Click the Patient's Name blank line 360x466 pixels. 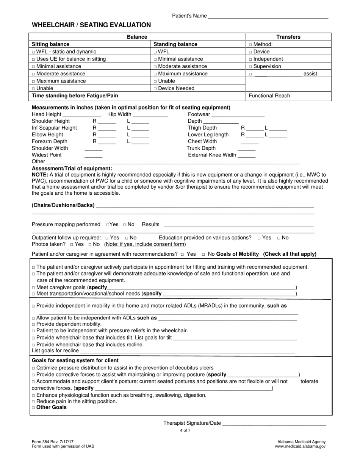click(x=268, y=16)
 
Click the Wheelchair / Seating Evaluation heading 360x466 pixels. click(x=91, y=25)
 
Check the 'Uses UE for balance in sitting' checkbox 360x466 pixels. click(x=34, y=59)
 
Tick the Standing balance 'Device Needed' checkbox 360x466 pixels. click(x=155, y=89)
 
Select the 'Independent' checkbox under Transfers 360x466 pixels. click(x=250, y=59)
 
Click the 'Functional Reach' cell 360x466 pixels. click(x=269, y=95)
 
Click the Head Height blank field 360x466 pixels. click(x=82, y=114)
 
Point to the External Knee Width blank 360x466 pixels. click(x=246, y=155)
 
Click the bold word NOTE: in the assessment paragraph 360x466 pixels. click(x=40, y=175)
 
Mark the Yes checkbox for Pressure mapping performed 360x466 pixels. click(x=108, y=225)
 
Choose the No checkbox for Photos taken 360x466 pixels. click(x=90, y=244)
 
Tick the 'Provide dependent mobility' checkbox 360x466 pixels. click(x=34, y=325)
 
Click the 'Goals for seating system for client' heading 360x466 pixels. click(x=75, y=360)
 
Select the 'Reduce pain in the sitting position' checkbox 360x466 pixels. click(x=34, y=402)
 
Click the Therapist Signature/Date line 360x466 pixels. click(x=274, y=424)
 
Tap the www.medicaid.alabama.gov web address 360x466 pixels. click(x=300, y=446)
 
